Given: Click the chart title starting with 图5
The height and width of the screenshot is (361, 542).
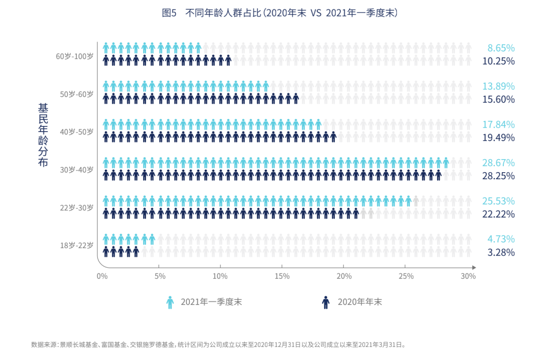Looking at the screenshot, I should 280,13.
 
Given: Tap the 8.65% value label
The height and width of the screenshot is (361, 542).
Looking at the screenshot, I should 501,48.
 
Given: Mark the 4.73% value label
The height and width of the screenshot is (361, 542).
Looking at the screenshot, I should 501,239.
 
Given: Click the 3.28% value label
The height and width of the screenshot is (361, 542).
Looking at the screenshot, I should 501,252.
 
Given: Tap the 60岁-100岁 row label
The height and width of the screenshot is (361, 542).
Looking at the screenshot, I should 75,56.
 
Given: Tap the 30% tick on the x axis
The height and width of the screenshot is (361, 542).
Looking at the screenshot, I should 468,276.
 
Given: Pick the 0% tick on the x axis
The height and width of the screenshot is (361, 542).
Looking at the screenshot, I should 102,276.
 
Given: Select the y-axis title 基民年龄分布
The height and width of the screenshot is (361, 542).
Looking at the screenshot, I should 43,135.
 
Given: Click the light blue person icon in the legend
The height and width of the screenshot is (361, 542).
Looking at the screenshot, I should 170,302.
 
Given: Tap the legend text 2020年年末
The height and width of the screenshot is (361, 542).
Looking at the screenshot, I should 359,302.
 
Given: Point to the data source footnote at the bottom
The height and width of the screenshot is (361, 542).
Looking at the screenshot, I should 218,345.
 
